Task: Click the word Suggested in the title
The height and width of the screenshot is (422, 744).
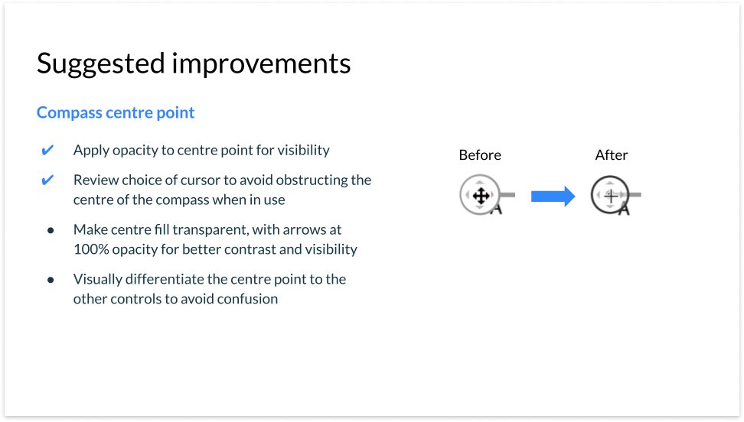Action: pyautogui.click(x=100, y=64)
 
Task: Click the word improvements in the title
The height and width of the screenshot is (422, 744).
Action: pyautogui.click(x=261, y=63)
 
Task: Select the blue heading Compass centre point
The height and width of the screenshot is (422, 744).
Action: pyautogui.click(x=116, y=113)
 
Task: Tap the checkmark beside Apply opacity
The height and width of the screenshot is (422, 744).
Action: pyautogui.click(x=47, y=151)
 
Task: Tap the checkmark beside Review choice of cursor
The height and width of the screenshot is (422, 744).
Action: pyautogui.click(x=47, y=180)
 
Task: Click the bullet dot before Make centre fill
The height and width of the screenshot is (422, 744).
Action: pyautogui.click(x=51, y=231)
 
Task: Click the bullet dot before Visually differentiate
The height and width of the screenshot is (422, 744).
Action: pyautogui.click(x=51, y=281)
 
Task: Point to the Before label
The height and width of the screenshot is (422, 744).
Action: pyautogui.click(x=480, y=155)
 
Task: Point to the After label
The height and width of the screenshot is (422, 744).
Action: pyautogui.click(x=611, y=155)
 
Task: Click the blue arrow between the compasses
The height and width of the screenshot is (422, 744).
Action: pyautogui.click(x=553, y=196)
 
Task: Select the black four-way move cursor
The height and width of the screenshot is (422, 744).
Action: pyautogui.click(x=481, y=196)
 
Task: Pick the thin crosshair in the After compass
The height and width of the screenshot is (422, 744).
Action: pyautogui.click(x=611, y=196)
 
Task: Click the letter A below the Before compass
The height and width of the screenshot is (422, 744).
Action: pyautogui.click(x=496, y=209)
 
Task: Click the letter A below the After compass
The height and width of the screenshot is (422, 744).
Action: pyautogui.click(x=624, y=209)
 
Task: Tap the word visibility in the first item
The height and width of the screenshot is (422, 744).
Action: pyautogui.click(x=303, y=151)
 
